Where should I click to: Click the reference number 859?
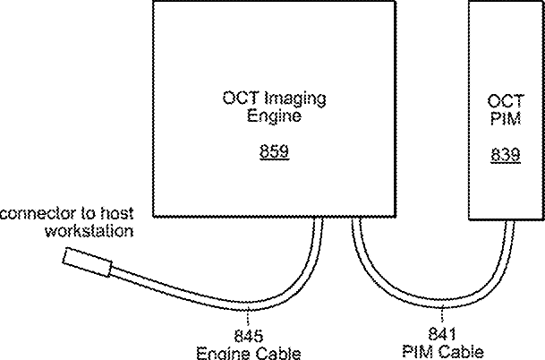pyautogui.click(x=273, y=152)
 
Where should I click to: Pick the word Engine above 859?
pyautogui.click(x=274, y=116)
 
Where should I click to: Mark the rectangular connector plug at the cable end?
pyautogui.click(x=86, y=263)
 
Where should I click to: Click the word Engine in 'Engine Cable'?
pyautogui.click(x=228, y=352)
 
